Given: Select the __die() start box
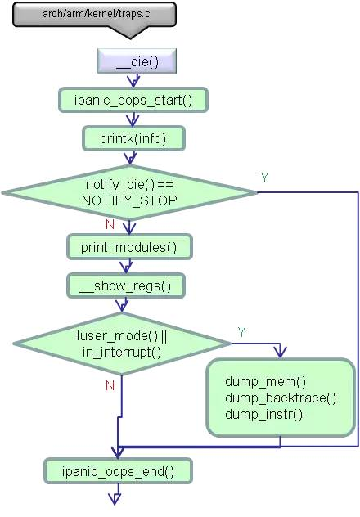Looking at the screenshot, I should point(137,61).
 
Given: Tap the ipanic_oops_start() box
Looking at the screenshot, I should point(133,100).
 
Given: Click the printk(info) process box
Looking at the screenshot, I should point(133,139).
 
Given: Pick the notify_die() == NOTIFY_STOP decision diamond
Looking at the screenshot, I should point(129,192).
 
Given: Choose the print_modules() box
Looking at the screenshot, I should point(128,246).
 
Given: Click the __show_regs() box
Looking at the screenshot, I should point(126,285).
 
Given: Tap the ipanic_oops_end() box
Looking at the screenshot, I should point(118,470).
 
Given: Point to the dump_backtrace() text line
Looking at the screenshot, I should point(280,398).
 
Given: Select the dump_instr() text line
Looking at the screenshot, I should point(263,414).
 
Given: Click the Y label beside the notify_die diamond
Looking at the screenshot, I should point(264,178).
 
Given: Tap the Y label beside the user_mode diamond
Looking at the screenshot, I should point(241,330).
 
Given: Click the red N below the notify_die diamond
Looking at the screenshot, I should point(109,223).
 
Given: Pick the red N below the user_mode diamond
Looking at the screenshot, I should point(109,385).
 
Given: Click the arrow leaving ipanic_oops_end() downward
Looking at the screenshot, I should point(115,493).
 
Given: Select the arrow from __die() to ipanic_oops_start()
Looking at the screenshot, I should point(134,80).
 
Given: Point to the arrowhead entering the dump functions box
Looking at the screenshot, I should point(281,352).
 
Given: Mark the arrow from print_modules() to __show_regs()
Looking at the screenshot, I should point(126,266).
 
